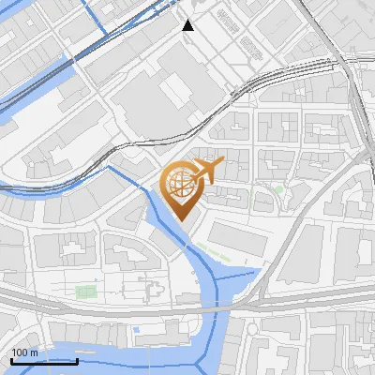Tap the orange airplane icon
(x=207, y=170)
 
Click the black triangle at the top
(x=188, y=25)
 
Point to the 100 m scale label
(x=24, y=352)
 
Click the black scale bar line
(x=43, y=360)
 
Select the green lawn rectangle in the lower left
(x=85, y=292)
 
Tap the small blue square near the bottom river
(x=137, y=330)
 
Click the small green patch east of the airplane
(x=278, y=190)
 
